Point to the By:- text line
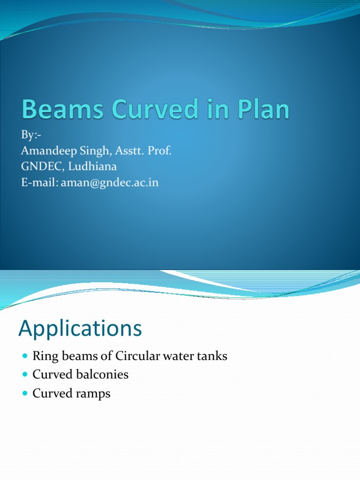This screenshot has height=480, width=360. point(31,135)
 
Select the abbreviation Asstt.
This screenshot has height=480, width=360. point(128,151)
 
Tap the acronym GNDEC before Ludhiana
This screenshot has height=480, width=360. point(41,167)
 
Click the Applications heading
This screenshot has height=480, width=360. point(80,329)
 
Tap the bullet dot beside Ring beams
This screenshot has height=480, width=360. point(25,357)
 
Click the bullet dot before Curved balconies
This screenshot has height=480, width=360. point(25,375)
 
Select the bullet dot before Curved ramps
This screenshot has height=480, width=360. point(25,394)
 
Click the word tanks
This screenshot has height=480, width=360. point(212,356)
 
